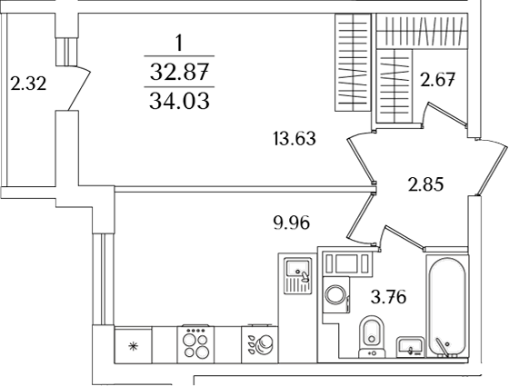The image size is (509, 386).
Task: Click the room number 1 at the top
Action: [178, 41]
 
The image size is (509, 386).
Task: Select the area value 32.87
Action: [178, 67]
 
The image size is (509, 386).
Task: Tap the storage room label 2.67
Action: [437, 81]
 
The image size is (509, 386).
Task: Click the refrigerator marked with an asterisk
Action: [132, 346]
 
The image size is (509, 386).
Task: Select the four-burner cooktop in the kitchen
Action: [194, 345]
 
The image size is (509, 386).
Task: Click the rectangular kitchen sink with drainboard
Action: [296, 278]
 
